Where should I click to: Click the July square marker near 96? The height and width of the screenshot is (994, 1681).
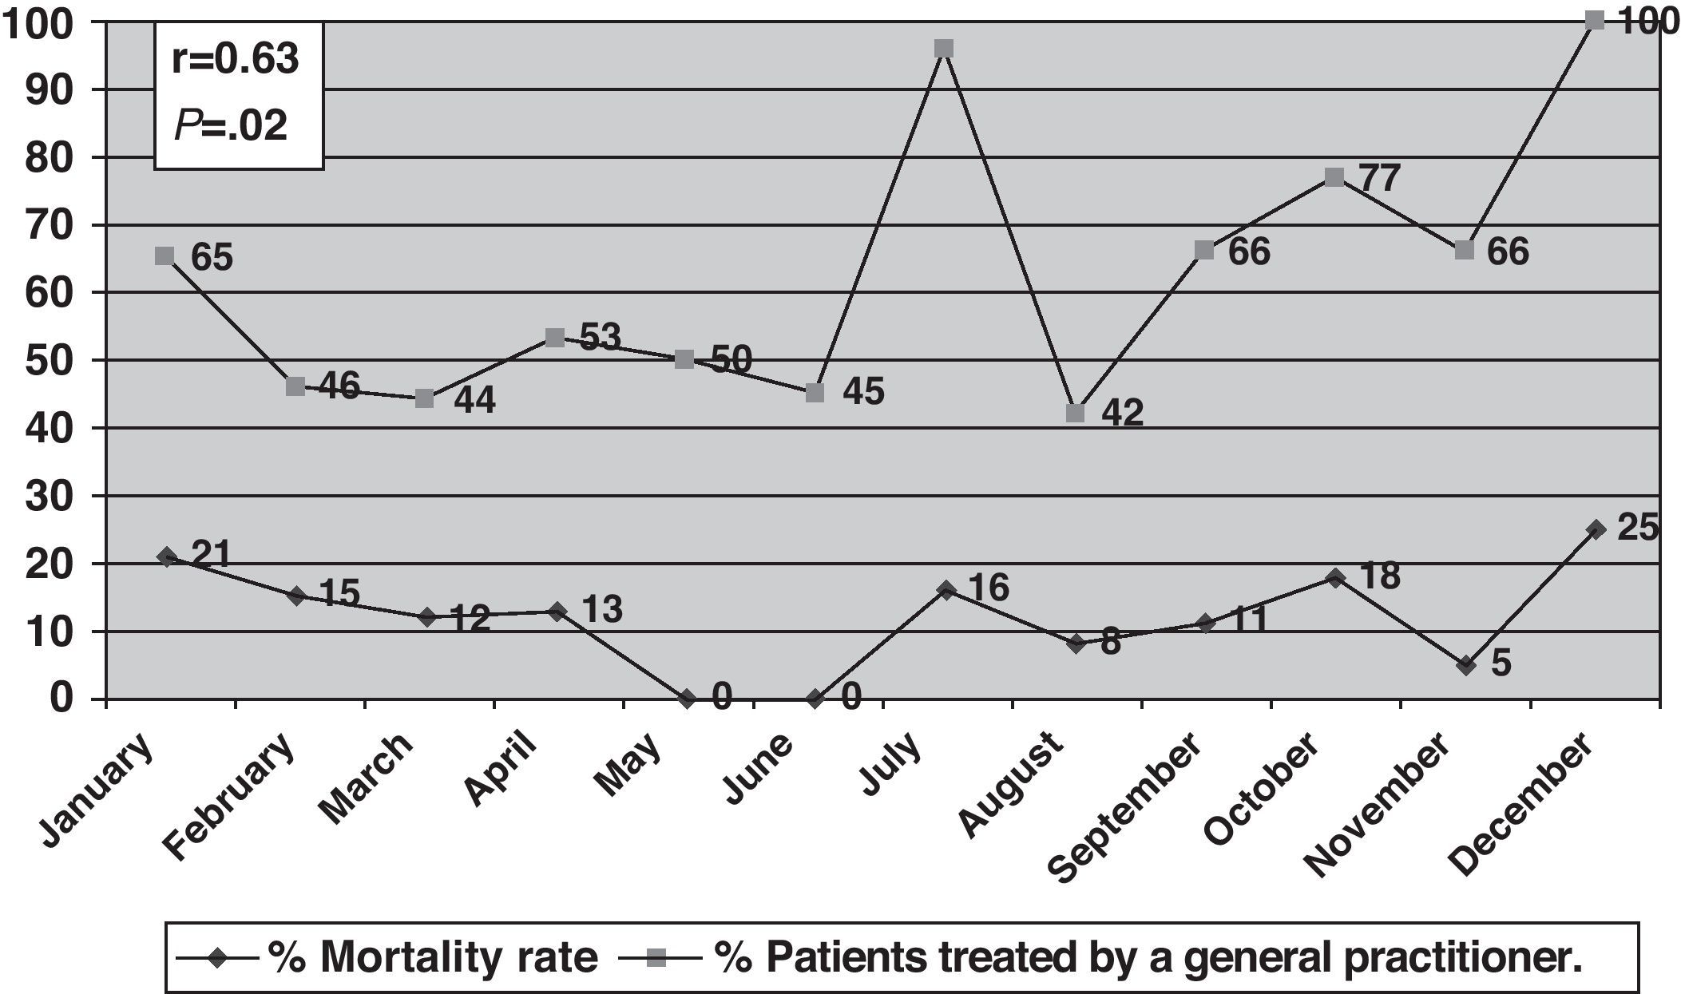click(x=944, y=49)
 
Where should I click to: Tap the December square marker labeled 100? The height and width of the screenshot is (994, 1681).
click(x=1594, y=21)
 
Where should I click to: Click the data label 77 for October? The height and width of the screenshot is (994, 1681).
click(x=1379, y=177)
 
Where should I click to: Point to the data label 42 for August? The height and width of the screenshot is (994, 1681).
click(x=1122, y=413)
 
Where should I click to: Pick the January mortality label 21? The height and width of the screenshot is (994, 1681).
click(x=211, y=555)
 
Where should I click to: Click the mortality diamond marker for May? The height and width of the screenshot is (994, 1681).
click(x=685, y=699)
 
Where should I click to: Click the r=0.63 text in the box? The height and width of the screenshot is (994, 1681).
click(x=236, y=60)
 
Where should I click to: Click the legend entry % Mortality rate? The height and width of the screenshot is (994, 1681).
click(x=432, y=958)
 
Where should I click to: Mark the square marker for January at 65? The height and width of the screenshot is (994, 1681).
click(x=165, y=255)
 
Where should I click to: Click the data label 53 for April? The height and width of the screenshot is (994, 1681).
click(x=600, y=337)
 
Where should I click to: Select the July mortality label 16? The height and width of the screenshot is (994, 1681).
click(x=989, y=588)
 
